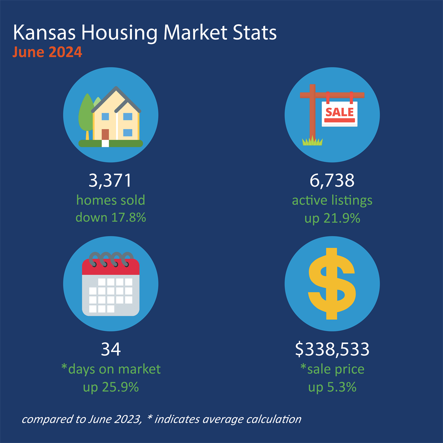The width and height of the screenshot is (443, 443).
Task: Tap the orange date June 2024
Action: [x=47, y=52]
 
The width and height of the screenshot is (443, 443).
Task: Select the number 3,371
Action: [x=110, y=181]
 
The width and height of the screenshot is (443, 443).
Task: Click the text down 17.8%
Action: [x=111, y=217]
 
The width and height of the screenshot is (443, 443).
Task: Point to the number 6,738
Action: [x=332, y=181]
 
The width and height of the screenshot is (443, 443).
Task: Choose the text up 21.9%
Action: [x=332, y=218]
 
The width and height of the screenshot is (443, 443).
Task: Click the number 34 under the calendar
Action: [x=111, y=349]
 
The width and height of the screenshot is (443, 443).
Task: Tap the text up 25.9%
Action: [x=111, y=387]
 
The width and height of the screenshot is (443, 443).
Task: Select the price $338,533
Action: [x=332, y=349]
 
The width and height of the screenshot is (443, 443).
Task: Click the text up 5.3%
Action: [x=332, y=387]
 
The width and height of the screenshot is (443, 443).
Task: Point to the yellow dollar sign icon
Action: [x=332, y=284]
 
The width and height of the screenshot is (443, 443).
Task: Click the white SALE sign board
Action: [x=340, y=114]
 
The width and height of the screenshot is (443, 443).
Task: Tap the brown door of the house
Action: [x=106, y=134]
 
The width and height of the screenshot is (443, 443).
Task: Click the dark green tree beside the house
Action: [x=86, y=114]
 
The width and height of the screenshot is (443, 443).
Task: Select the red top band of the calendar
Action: [x=111, y=267]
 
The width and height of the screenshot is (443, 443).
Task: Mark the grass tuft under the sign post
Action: [x=312, y=141]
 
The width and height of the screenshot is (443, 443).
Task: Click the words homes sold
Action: [x=111, y=200]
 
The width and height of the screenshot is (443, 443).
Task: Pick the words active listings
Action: [x=332, y=200]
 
